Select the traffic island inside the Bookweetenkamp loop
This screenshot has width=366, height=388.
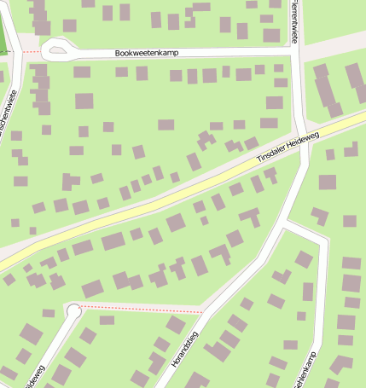57,50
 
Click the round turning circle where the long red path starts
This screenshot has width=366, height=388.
73,310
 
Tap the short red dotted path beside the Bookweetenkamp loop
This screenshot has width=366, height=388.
31,51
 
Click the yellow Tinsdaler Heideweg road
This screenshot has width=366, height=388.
171,196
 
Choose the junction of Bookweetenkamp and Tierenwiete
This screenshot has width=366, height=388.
294,50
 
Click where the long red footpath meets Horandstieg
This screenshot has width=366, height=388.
204,308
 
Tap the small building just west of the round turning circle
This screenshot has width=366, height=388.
48,313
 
